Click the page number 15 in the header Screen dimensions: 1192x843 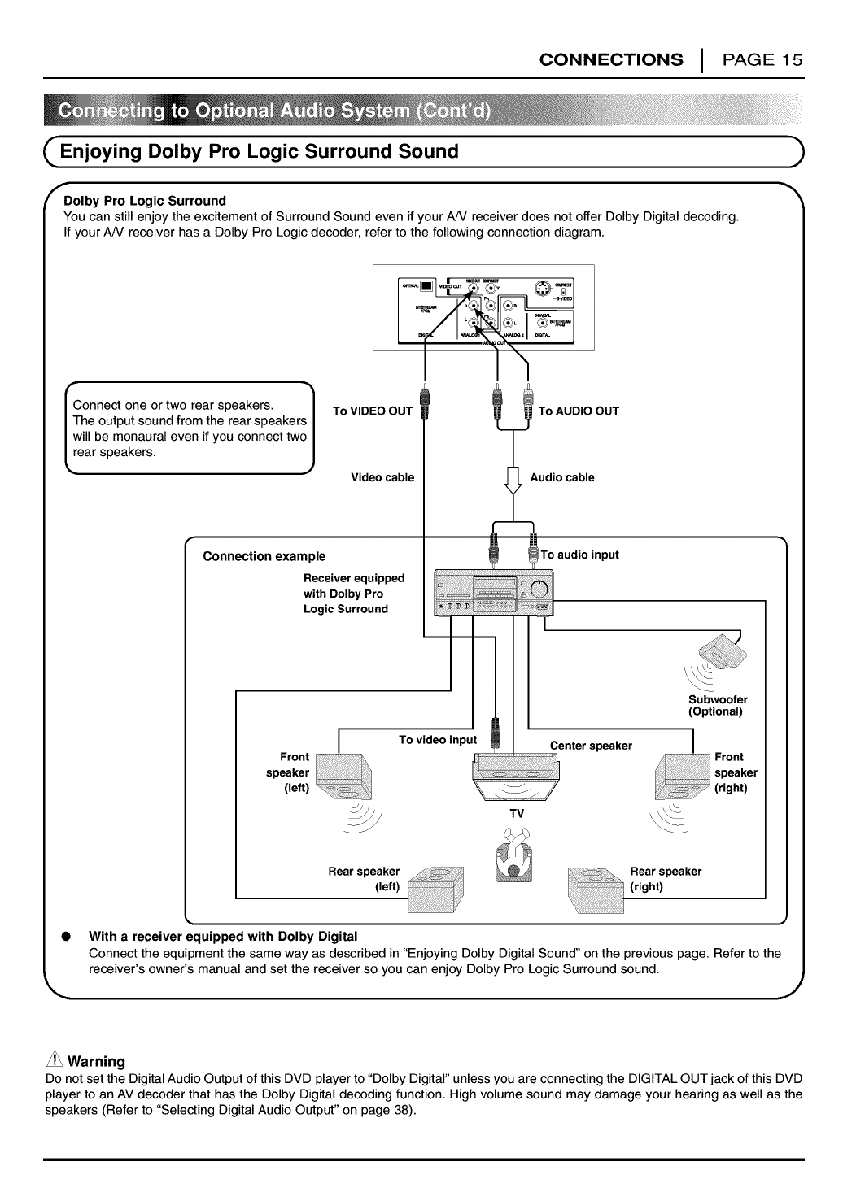click(792, 59)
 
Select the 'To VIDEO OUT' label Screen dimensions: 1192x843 click(373, 411)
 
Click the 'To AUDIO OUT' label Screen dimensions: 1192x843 click(579, 411)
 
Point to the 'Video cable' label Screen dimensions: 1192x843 click(382, 477)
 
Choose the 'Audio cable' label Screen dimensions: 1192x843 click(561, 477)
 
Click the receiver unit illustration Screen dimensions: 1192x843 click(494, 591)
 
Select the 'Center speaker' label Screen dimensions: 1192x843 click(591, 746)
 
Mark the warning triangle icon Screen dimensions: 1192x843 click(55, 1060)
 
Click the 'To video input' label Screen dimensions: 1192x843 click(437, 740)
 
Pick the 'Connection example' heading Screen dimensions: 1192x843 click(264, 556)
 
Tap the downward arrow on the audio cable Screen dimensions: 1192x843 click(513, 481)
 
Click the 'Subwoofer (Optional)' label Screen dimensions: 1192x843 click(717, 705)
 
